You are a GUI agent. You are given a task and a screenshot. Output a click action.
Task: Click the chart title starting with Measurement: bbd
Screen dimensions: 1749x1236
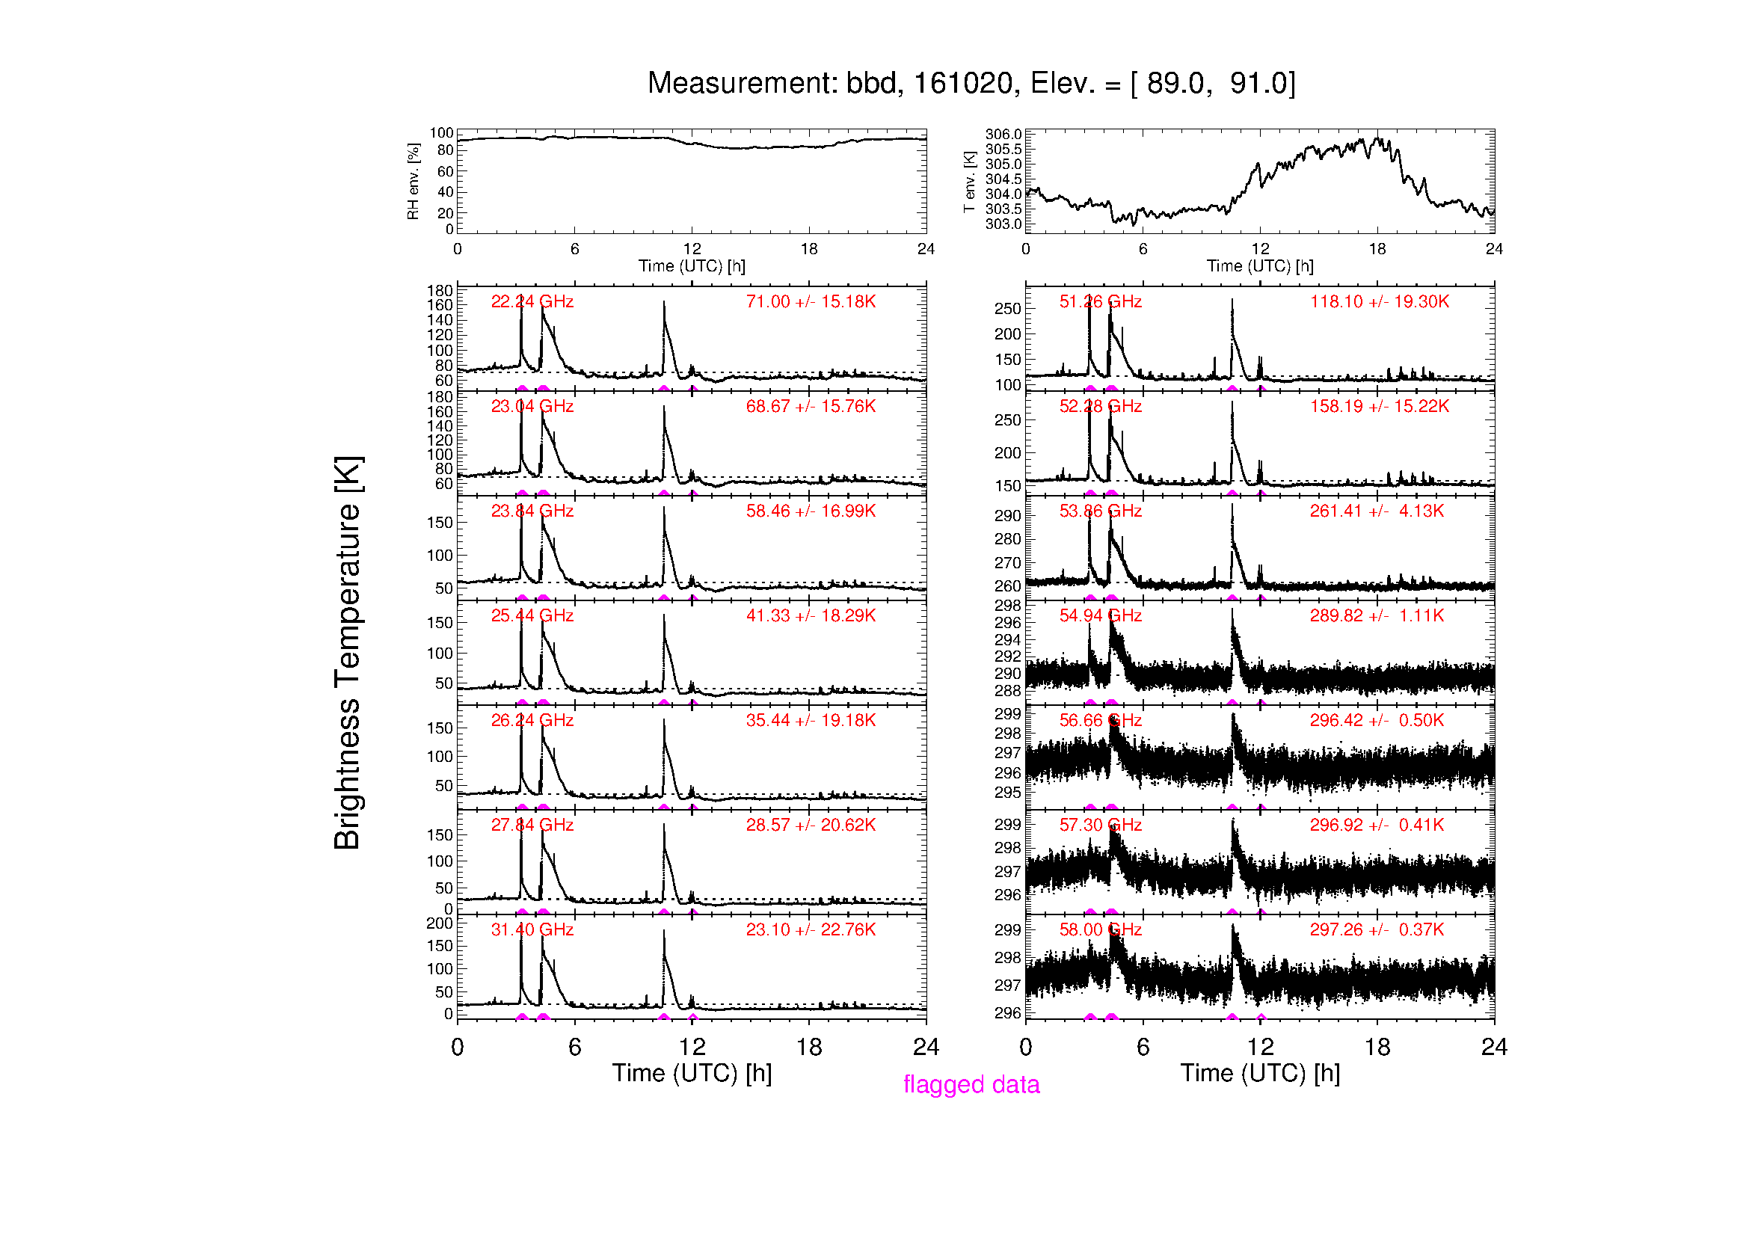click(x=971, y=83)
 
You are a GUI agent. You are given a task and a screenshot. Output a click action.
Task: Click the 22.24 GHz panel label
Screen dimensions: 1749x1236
click(x=532, y=301)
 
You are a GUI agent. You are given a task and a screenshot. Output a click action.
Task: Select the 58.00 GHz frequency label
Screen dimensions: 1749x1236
click(x=1100, y=930)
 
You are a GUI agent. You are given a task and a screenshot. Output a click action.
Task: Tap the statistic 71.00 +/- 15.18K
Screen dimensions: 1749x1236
click(x=811, y=301)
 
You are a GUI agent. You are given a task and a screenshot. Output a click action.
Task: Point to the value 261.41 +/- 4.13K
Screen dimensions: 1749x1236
click(x=1377, y=511)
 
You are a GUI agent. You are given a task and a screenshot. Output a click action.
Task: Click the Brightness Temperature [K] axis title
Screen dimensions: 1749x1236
click(x=348, y=653)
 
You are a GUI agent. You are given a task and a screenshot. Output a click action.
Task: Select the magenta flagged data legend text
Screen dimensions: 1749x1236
click(x=971, y=1084)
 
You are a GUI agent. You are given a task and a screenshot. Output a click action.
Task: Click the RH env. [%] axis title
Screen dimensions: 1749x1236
click(x=413, y=181)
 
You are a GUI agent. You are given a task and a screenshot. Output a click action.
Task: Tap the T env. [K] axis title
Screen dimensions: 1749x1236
click(x=969, y=181)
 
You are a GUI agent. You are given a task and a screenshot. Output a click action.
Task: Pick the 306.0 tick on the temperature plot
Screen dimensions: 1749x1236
click(x=1003, y=135)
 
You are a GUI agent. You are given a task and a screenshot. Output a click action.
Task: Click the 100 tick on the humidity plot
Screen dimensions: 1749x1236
click(x=441, y=133)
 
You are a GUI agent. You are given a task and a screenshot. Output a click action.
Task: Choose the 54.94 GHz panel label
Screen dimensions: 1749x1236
click(x=1100, y=615)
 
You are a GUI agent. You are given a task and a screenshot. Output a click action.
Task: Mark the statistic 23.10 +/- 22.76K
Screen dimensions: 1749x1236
click(x=811, y=930)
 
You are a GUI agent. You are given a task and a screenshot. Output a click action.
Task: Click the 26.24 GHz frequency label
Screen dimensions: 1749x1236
click(x=532, y=720)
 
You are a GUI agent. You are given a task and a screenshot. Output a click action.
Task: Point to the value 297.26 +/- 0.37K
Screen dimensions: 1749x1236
click(x=1377, y=930)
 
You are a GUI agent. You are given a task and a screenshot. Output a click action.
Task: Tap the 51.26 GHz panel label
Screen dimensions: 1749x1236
click(x=1100, y=301)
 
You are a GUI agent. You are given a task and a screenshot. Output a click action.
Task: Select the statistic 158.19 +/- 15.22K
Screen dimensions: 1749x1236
click(x=1379, y=406)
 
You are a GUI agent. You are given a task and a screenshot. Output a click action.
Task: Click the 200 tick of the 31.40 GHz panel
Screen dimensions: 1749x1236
click(x=440, y=923)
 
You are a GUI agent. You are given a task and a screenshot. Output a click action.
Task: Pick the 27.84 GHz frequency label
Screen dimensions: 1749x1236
click(x=532, y=825)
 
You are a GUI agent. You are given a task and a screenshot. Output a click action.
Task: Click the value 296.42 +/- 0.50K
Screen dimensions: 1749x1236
click(x=1377, y=720)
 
